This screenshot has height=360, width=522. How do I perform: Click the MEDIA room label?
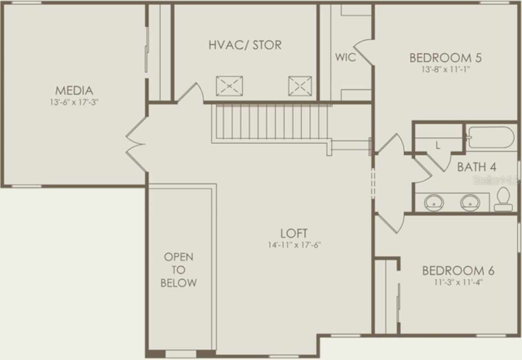tap(74, 90)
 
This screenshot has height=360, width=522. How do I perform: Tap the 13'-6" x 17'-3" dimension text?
tap(74, 102)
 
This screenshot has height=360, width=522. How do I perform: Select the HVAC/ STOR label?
tap(245, 45)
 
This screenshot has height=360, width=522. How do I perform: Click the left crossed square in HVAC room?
tap(229, 86)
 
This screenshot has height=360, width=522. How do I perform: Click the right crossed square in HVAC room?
tap(300, 86)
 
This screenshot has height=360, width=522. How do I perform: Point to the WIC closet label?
tap(345, 57)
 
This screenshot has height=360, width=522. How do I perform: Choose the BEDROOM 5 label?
tap(445, 58)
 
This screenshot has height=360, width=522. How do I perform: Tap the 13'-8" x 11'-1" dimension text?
tap(446, 69)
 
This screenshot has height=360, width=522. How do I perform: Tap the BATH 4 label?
tap(477, 167)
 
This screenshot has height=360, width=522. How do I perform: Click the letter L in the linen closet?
tap(438, 145)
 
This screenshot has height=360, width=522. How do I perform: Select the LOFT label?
tap(294, 233)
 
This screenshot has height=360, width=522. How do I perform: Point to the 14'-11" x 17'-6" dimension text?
tap(294, 245)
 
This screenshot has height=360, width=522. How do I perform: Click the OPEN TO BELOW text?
tap(179, 270)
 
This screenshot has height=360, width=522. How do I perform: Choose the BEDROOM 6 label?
tap(458, 271)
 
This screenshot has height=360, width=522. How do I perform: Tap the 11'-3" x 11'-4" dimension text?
tap(458, 282)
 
